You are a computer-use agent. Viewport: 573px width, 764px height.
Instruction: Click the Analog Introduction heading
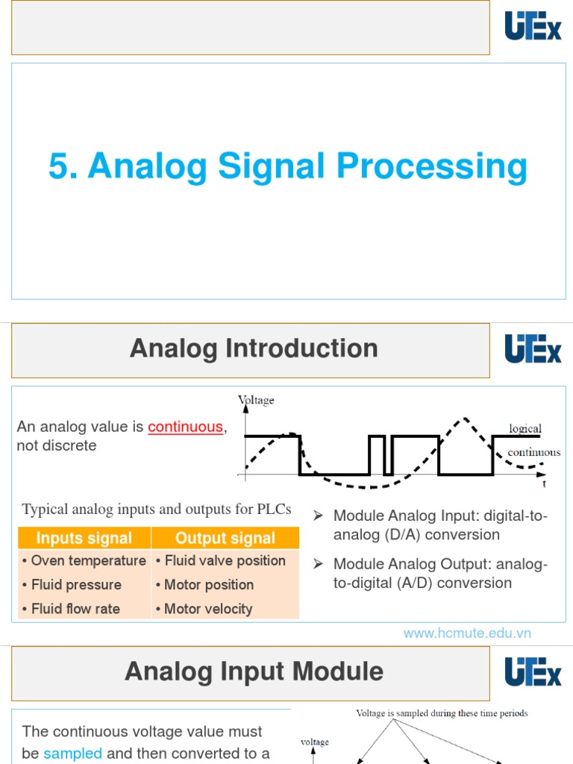pyautogui.click(x=254, y=348)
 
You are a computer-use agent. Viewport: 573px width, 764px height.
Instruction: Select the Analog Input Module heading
pyautogui.click(x=254, y=671)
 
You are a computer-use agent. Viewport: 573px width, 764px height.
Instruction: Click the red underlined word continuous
pyautogui.click(x=185, y=427)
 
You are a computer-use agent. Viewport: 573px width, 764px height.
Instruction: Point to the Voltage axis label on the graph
pyautogui.click(x=256, y=401)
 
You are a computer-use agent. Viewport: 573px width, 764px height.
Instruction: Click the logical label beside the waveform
pyautogui.click(x=525, y=428)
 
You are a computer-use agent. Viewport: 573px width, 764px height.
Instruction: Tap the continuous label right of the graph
pyautogui.click(x=533, y=452)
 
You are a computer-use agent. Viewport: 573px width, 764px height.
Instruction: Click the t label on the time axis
pyautogui.click(x=544, y=483)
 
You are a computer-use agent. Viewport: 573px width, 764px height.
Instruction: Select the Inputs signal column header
pyautogui.click(x=84, y=538)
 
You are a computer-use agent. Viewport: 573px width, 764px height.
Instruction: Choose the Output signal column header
pyautogui.click(x=225, y=538)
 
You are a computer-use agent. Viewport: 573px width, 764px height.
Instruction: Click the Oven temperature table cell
pyautogui.click(x=84, y=560)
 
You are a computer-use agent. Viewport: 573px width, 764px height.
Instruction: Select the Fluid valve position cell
pyautogui.click(x=221, y=560)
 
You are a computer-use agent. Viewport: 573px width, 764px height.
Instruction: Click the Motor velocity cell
pyautogui.click(x=204, y=609)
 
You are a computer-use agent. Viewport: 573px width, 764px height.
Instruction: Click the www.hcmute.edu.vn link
pyautogui.click(x=467, y=633)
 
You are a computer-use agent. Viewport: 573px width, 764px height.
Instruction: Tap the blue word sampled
pyautogui.click(x=72, y=754)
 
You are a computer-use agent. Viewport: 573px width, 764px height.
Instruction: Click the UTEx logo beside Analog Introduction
pyautogui.click(x=533, y=348)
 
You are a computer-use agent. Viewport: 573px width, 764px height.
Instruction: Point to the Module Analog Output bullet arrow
pyautogui.click(x=318, y=564)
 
